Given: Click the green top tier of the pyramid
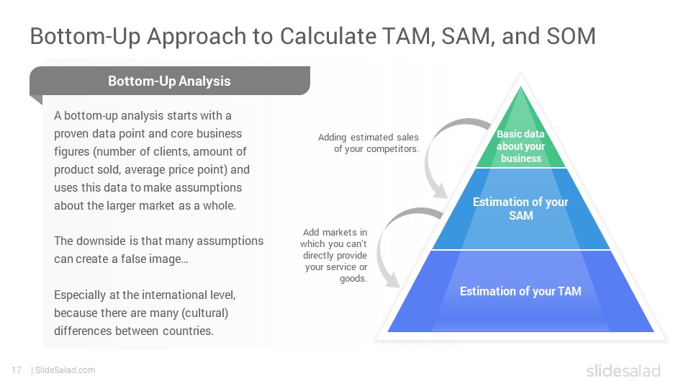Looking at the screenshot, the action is [520, 137].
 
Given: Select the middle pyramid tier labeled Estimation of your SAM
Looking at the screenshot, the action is [520, 209].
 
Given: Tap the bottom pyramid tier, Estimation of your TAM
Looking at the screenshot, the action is [520, 292].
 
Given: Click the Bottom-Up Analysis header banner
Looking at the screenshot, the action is [170, 81].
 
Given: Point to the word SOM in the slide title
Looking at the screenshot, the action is [571, 36].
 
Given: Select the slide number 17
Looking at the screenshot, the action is [17, 370].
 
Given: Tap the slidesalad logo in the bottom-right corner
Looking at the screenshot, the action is [623, 370].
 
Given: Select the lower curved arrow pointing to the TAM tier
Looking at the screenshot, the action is [388, 238].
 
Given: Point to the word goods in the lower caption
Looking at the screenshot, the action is [353, 279].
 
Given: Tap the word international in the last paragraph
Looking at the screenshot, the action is [177, 295].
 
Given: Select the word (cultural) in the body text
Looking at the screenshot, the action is [205, 313].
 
